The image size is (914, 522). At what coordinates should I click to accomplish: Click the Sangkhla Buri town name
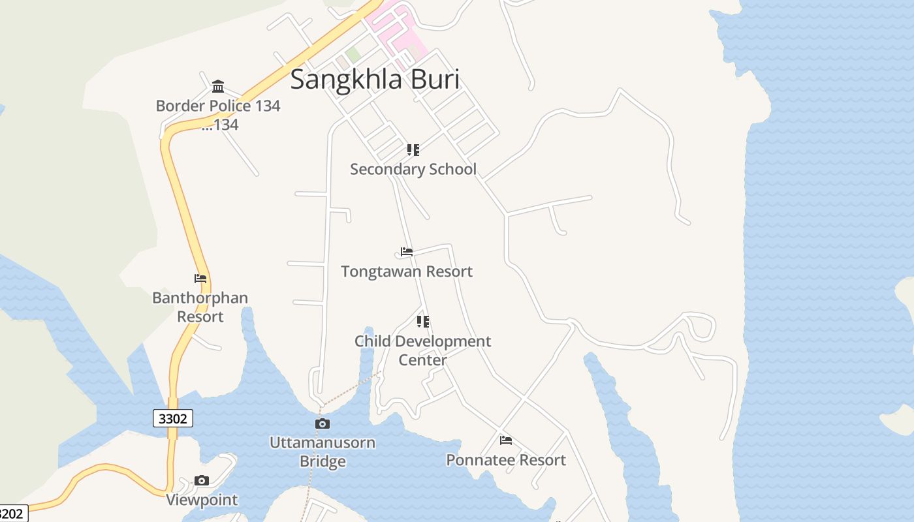coord(375,79)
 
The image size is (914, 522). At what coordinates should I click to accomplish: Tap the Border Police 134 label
coord(218,106)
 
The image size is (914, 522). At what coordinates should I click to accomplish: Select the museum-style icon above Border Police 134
coord(218,86)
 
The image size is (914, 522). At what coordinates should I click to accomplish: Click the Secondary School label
coord(413,169)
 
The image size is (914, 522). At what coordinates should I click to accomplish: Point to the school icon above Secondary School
coord(413,150)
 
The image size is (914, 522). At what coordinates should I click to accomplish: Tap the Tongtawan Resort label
coord(407,271)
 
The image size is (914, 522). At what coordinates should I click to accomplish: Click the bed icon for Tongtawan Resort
coord(407,252)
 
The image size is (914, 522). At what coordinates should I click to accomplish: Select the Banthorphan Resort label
coord(200,307)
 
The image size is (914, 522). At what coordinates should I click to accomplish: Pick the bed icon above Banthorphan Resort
coord(200,279)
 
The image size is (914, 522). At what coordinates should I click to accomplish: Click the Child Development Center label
coord(423,350)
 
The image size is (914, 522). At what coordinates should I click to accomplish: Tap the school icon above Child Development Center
coord(423,322)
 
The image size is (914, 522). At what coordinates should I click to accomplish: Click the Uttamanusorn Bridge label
coord(323,452)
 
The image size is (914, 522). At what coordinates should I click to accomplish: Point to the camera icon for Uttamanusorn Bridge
coord(323,423)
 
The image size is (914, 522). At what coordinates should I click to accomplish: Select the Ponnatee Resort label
coord(506,460)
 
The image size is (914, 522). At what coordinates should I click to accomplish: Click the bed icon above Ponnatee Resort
coord(506,440)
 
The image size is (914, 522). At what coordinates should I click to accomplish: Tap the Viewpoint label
coord(202,500)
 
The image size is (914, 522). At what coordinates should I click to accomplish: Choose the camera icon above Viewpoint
coord(202,481)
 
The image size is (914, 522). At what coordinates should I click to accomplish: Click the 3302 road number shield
coord(173,418)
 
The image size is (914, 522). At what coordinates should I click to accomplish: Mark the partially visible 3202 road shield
coord(12,514)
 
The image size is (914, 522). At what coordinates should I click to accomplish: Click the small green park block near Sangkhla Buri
coord(353,55)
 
